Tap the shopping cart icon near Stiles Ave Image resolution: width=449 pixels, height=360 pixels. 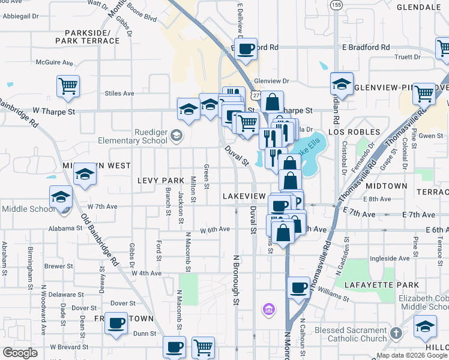[x=68, y=86]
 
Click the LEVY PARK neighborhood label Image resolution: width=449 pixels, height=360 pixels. [x=160, y=181]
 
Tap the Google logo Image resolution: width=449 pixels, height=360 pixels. [x=20, y=353]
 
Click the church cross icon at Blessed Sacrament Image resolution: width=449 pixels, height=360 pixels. [x=396, y=332]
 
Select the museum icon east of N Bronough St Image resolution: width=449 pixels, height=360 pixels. [x=268, y=310]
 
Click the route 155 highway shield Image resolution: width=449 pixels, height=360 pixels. [x=336, y=5]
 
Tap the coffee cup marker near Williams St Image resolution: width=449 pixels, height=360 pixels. [x=299, y=288]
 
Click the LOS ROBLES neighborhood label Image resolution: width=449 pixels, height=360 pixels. [x=354, y=131]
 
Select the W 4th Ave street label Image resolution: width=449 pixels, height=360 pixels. [x=147, y=273]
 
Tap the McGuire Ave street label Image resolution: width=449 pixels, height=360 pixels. [x=54, y=62]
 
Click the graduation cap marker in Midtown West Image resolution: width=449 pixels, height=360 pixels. [x=85, y=175]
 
